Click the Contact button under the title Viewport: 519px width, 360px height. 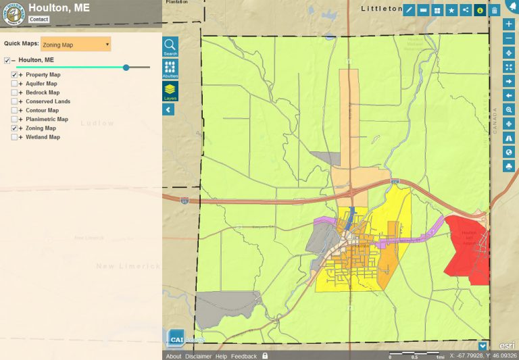(x=39, y=20)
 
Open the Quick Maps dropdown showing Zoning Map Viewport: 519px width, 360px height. (x=76, y=45)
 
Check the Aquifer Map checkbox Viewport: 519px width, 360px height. (x=14, y=84)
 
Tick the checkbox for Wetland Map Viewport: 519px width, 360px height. (x=14, y=137)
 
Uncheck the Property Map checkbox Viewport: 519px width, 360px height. (x=14, y=75)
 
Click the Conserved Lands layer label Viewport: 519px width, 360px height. (x=48, y=101)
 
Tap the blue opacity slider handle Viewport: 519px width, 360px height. (x=126, y=68)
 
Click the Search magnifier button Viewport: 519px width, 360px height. (x=170, y=46)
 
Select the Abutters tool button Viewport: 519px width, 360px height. (x=170, y=68)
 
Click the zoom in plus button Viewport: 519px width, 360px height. (x=509, y=24)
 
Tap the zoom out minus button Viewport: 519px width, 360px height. (x=509, y=38)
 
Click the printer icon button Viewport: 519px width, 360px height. (x=509, y=166)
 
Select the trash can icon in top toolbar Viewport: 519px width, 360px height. (x=495, y=10)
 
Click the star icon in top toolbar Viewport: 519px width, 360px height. (x=451, y=10)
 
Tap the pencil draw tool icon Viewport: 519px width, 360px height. (x=409, y=10)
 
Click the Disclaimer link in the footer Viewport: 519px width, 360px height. (x=198, y=356)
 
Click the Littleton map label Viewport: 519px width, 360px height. (x=382, y=9)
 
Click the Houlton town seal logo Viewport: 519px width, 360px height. (x=13, y=14)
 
